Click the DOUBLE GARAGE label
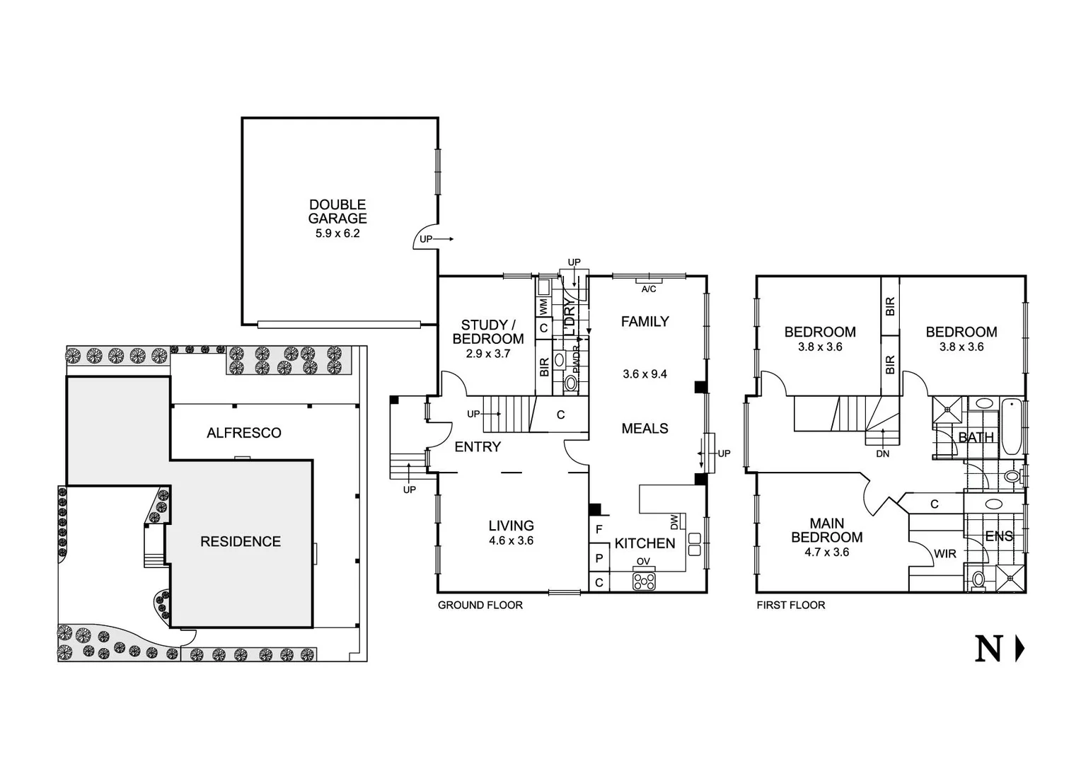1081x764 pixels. click(337, 212)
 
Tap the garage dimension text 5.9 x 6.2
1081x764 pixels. click(337, 233)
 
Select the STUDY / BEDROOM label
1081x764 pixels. click(488, 332)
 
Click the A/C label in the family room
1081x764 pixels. click(648, 289)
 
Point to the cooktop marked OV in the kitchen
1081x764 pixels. click(644, 581)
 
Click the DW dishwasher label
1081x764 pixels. click(674, 521)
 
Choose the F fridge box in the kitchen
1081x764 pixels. click(599, 529)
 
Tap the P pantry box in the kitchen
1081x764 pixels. click(599, 558)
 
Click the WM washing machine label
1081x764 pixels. click(543, 307)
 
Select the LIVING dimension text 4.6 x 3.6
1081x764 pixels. click(511, 540)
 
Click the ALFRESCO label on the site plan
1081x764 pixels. click(244, 433)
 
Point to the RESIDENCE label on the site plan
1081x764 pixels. click(241, 542)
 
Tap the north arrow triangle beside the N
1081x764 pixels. click(1019, 648)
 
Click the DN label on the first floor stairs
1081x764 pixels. click(882, 453)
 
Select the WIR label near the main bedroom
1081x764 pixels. click(945, 554)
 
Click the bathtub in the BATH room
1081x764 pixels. click(1012, 427)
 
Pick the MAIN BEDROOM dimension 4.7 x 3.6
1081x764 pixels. click(826, 552)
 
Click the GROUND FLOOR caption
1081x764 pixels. click(480, 605)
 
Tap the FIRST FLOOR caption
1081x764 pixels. click(790, 605)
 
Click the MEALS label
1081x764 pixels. click(644, 429)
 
